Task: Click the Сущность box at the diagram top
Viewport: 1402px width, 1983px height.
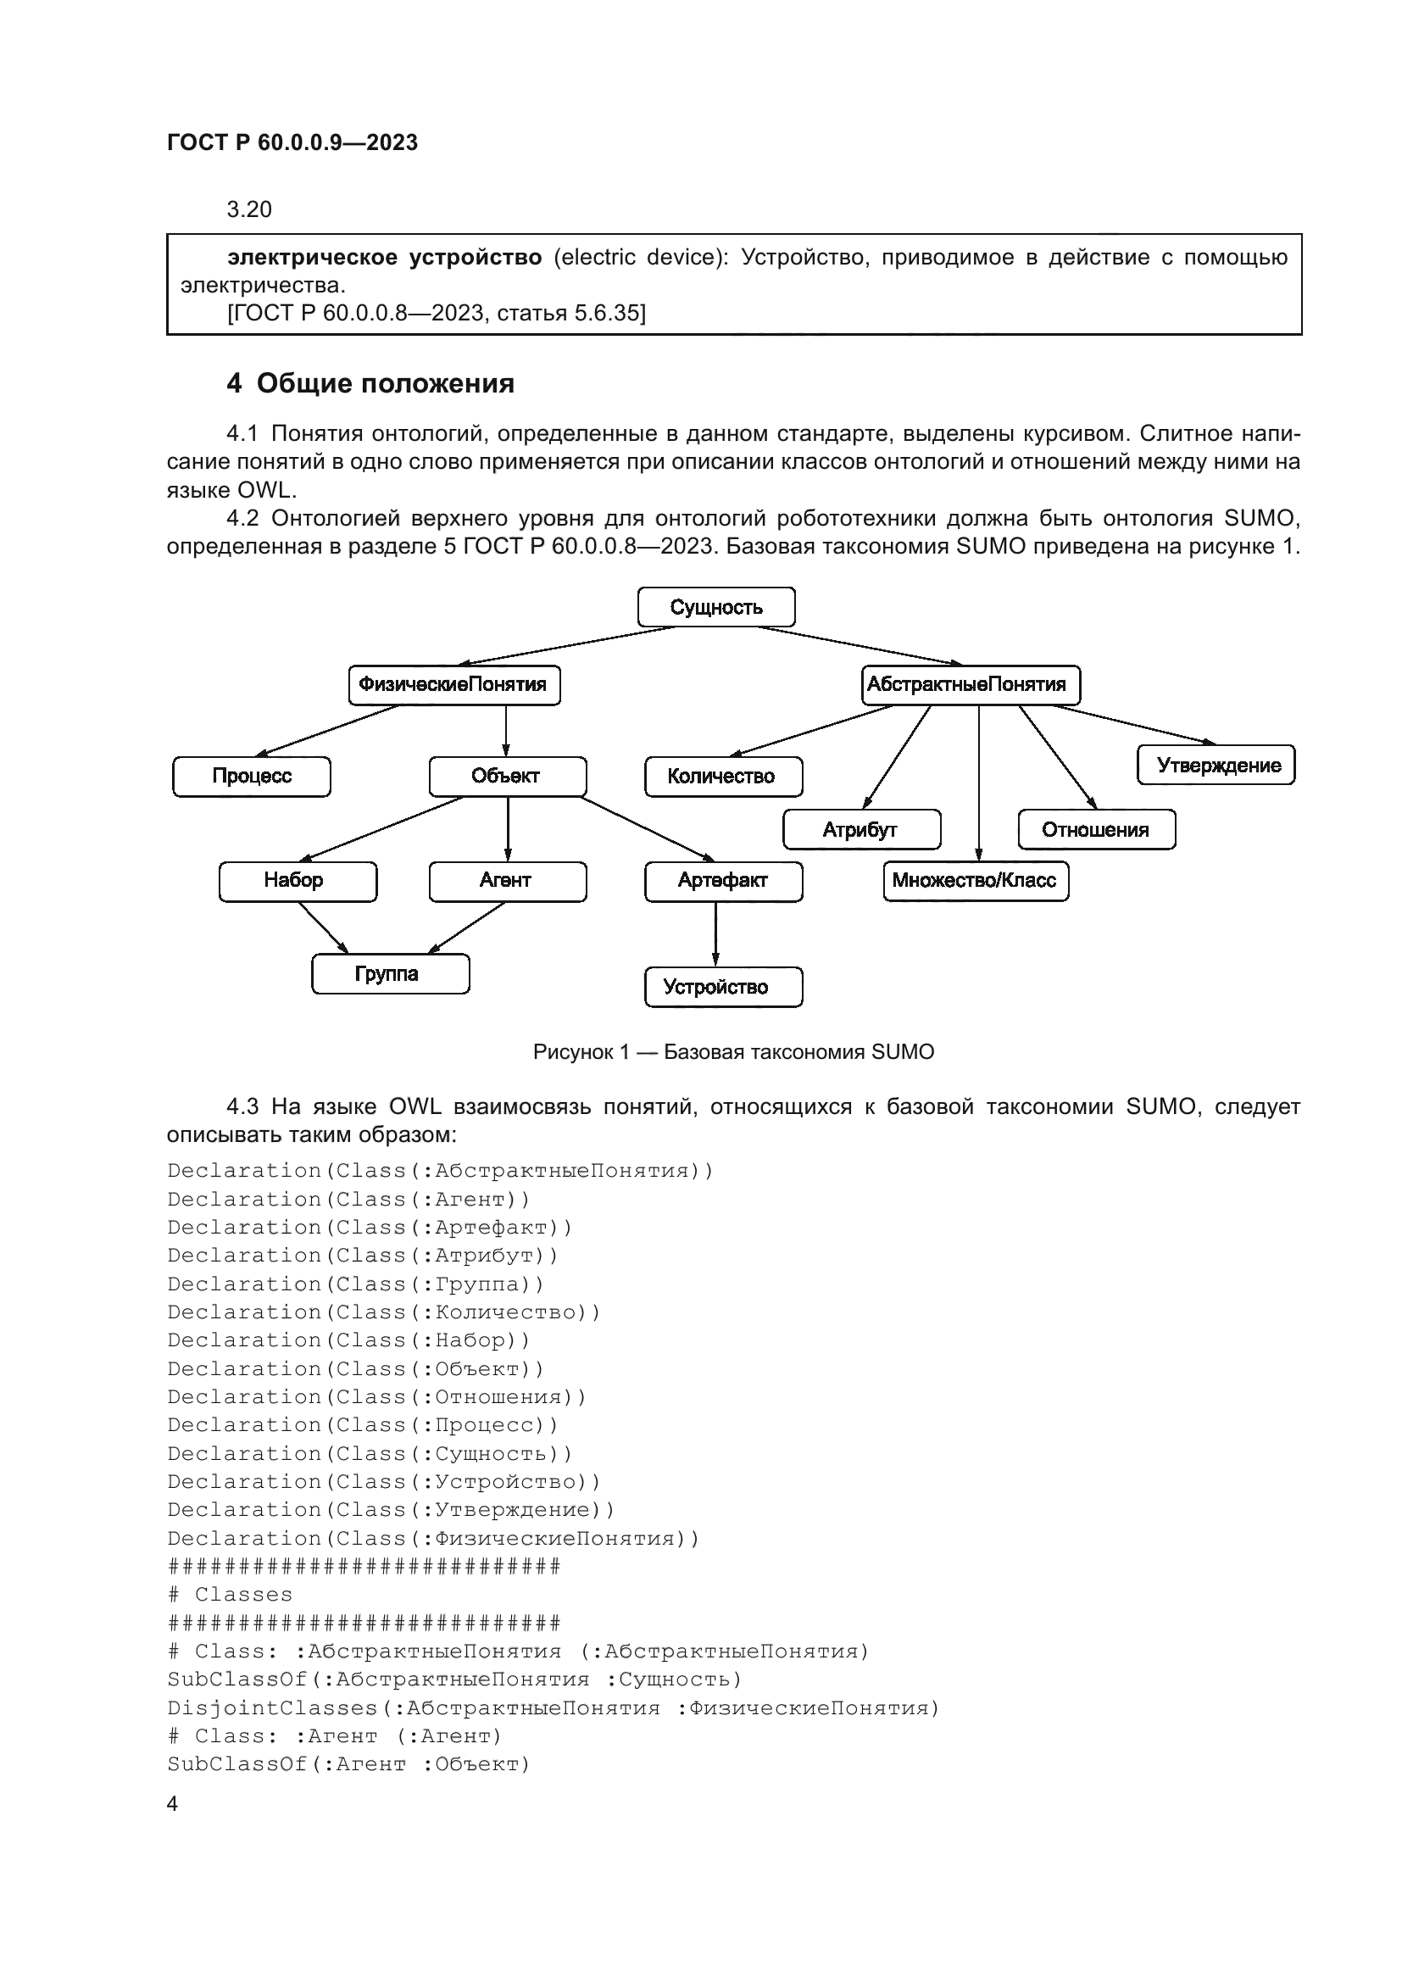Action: [715, 607]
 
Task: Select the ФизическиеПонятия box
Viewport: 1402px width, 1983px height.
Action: [453, 685]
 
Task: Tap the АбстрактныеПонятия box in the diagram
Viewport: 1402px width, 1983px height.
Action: [971, 685]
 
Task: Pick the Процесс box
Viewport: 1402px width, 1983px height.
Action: [251, 777]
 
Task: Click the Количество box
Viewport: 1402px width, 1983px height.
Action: [722, 777]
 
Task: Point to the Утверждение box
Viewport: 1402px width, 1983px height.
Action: [1215, 766]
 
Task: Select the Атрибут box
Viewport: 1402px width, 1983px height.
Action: [860, 830]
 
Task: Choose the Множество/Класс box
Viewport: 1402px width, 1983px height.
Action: [975, 881]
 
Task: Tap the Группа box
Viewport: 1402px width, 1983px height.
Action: [390, 974]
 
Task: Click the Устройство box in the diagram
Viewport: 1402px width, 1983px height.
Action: [722, 987]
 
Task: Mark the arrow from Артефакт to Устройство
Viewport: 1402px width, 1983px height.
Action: [715, 934]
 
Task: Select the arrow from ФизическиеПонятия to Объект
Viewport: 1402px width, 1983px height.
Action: [506, 731]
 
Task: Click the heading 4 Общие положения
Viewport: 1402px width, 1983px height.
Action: [370, 383]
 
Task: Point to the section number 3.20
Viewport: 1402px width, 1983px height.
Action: [248, 210]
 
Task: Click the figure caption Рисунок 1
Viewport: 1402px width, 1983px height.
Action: [733, 1052]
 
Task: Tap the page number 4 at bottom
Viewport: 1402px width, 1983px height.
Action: [172, 1803]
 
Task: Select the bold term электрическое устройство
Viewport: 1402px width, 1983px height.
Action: [384, 258]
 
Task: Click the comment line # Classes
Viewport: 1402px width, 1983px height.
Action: [231, 1595]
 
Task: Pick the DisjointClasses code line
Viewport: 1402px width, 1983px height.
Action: [553, 1707]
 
